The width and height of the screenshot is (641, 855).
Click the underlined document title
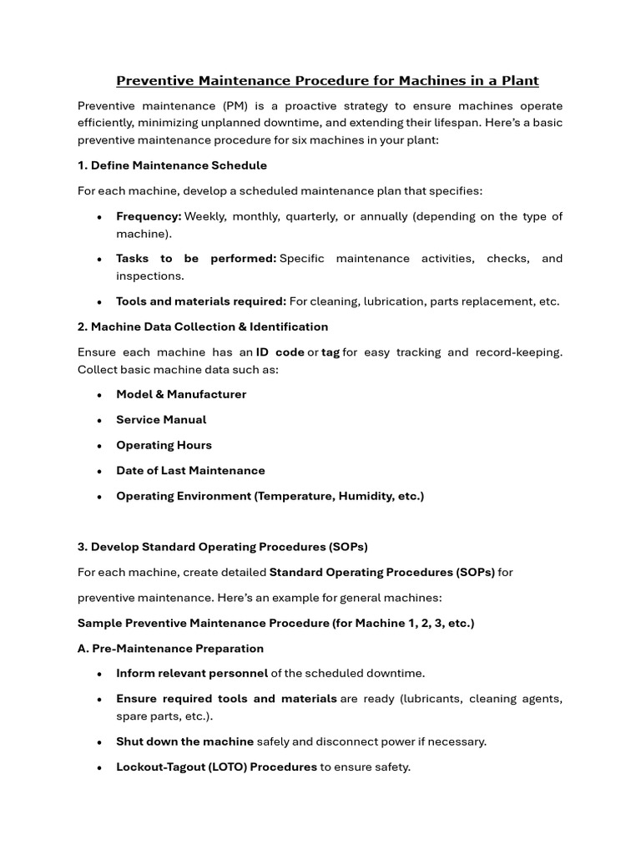tap(327, 81)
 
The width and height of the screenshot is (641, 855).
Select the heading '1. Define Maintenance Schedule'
tap(172, 165)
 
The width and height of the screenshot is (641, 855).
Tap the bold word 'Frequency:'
tap(149, 216)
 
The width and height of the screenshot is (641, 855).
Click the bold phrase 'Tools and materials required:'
tap(201, 301)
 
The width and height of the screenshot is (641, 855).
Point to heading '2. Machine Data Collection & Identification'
tap(203, 326)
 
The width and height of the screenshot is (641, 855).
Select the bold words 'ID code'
tap(280, 352)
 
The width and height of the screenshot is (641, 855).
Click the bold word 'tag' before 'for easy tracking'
tap(331, 352)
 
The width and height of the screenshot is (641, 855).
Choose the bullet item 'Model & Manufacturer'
tap(181, 394)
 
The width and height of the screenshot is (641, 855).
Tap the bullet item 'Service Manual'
tap(161, 420)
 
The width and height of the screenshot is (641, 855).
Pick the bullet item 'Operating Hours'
tap(164, 445)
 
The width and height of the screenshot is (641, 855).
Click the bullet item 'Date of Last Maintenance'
tap(190, 471)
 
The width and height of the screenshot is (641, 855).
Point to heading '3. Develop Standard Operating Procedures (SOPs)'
tap(222, 547)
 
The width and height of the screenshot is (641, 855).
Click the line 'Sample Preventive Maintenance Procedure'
tap(275, 623)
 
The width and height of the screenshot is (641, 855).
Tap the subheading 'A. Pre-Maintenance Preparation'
tap(170, 649)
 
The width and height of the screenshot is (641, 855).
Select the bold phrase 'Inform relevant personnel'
tap(192, 673)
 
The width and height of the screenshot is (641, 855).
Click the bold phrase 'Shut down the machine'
tap(184, 741)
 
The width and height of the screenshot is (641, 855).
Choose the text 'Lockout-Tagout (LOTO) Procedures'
tap(216, 766)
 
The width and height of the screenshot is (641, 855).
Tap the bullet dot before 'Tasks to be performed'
tap(99, 260)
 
